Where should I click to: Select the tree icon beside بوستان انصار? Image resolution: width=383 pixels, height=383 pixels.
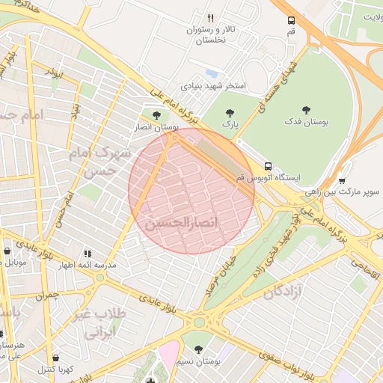click(156, 115)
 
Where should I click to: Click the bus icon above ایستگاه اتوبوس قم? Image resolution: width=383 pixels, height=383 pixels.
click(268, 167)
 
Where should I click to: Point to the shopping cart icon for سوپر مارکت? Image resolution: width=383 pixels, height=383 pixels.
click(342, 180)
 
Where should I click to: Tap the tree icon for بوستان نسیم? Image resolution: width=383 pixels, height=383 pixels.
click(198, 349)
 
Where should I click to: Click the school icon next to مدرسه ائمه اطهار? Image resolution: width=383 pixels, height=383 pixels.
click(88, 254)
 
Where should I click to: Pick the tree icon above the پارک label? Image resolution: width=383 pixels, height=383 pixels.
click(230, 113)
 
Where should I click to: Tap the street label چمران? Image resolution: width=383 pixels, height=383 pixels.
click(46, 296)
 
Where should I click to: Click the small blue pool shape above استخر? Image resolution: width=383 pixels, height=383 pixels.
click(212, 73)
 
